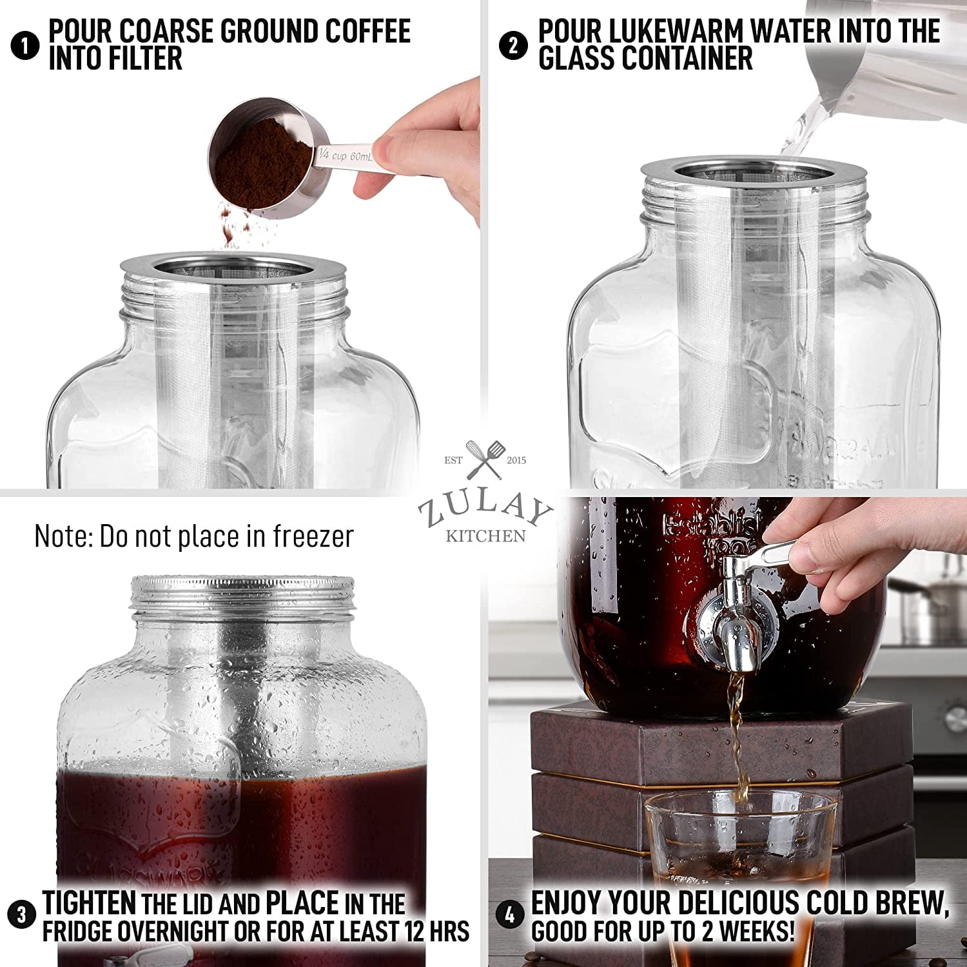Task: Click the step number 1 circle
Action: (x=25, y=46)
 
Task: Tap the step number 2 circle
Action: (x=513, y=46)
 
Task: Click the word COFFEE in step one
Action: (x=367, y=31)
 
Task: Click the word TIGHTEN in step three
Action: (x=89, y=903)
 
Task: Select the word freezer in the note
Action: (x=313, y=536)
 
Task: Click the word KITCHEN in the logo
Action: (x=485, y=536)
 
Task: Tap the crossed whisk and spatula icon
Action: (x=485, y=458)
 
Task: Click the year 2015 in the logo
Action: (x=516, y=460)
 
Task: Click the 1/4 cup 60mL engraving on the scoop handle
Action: (x=346, y=155)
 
